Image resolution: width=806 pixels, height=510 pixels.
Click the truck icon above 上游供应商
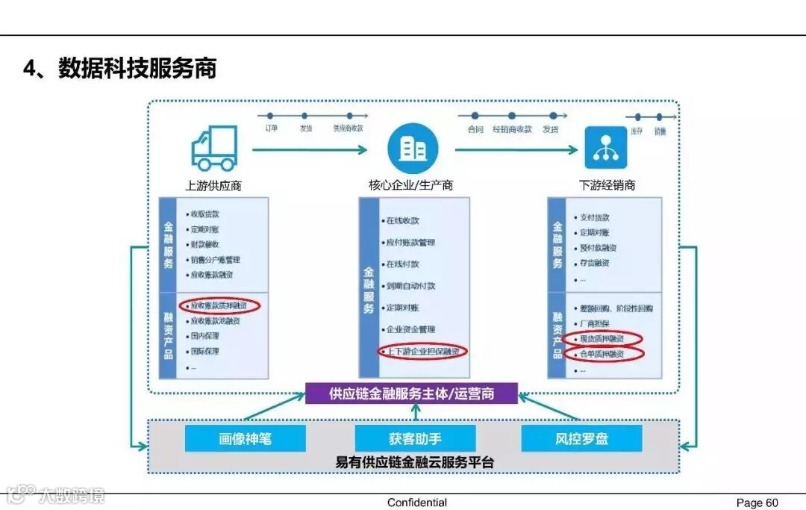click(214, 148)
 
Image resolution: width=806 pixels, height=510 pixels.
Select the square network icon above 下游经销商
click(605, 148)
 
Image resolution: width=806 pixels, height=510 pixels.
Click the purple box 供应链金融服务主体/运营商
click(412, 393)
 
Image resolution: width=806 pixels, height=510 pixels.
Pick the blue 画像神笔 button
click(245, 438)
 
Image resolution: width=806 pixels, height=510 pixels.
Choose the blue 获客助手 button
click(415, 438)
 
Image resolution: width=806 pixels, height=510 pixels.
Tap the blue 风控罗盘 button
click(581, 438)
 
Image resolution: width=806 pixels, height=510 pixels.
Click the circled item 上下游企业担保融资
click(422, 351)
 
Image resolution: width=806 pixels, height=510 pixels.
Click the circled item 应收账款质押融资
click(220, 305)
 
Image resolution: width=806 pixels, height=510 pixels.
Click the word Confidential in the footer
click(417, 503)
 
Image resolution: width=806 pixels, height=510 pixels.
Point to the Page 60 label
click(757, 503)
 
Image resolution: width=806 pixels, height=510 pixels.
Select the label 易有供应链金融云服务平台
click(415, 462)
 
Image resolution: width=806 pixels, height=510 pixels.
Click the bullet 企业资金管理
click(410, 329)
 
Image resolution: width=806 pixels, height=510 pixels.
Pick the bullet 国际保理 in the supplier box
click(204, 351)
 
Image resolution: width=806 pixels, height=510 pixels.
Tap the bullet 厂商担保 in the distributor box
click(594, 323)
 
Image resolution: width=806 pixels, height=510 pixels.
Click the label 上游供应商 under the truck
click(213, 185)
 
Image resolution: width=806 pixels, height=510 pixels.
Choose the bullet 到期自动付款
click(410, 286)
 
